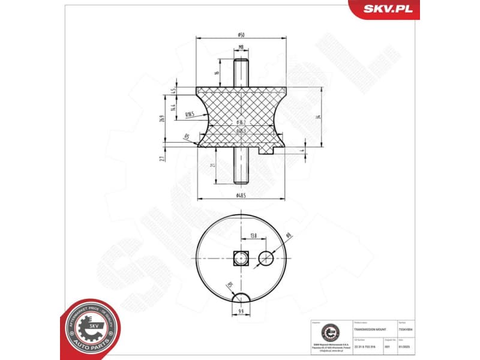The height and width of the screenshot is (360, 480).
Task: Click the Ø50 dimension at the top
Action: pyautogui.click(x=241, y=34)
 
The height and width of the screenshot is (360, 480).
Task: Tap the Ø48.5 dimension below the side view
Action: pyautogui.click(x=241, y=196)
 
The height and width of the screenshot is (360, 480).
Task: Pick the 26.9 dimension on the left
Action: pyautogui.click(x=161, y=118)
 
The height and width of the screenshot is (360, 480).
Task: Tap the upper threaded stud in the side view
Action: pyautogui.click(x=241, y=72)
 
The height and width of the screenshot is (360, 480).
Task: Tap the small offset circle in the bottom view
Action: pyautogui.click(x=266, y=258)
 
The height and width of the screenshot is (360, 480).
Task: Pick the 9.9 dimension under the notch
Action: pyautogui.click(x=241, y=311)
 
